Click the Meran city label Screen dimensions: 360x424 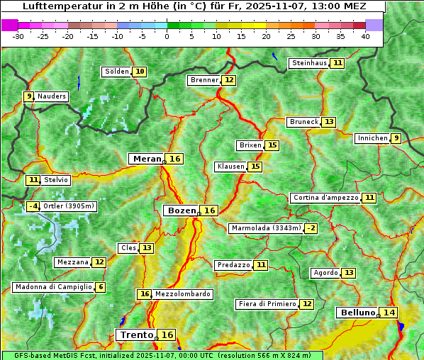coord(147,159)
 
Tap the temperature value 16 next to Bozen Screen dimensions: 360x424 coord(210,210)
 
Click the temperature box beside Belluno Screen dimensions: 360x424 coord(389,313)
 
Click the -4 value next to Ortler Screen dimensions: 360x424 coord(33,206)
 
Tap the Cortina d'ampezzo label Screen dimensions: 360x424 coord(325,198)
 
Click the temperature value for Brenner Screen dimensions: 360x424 coord(228,80)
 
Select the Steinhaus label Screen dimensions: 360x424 coord(310,63)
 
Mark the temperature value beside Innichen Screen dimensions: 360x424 coord(396,138)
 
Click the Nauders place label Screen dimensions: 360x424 coord(52,96)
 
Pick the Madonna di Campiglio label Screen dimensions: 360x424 coord(53,287)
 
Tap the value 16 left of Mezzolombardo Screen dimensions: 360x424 coord(145,294)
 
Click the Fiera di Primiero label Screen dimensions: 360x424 coord(267,304)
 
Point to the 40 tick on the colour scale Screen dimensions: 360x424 coord(365,36)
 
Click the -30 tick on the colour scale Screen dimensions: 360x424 coord(18,36)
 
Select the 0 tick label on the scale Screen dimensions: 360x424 coord(167,36)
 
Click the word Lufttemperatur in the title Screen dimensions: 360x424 coord(55,6)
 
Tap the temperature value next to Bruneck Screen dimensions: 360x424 coord(329,122)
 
